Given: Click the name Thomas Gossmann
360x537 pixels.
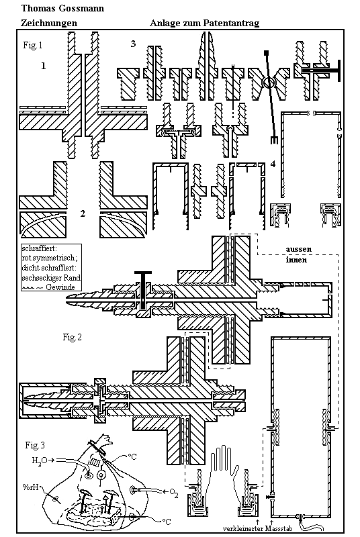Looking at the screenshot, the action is (62, 8).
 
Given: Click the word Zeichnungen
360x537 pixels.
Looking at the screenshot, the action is (49, 23).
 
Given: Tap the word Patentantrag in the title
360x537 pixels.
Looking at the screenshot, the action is (231, 23).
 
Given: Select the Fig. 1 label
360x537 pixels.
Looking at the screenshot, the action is (33, 45).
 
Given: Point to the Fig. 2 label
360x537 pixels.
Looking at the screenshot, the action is (72, 337).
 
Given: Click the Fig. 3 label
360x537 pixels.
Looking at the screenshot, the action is (35, 445).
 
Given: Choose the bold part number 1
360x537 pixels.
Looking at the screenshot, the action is (43, 66).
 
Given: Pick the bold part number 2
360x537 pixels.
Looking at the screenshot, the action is (83, 213).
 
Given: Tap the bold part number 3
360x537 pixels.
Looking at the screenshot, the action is (133, 44).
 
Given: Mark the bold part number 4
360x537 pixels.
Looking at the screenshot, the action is (273, 164).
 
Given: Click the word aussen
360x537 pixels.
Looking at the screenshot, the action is (299, 249).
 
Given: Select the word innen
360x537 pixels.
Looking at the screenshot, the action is (296, 260).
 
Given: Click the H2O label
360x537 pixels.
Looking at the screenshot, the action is (39, 460).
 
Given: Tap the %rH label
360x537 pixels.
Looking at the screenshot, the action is (30, 487).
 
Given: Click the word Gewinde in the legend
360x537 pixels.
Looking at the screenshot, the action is (60, 287).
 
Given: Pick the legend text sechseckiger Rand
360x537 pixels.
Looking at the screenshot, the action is (51, 278).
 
